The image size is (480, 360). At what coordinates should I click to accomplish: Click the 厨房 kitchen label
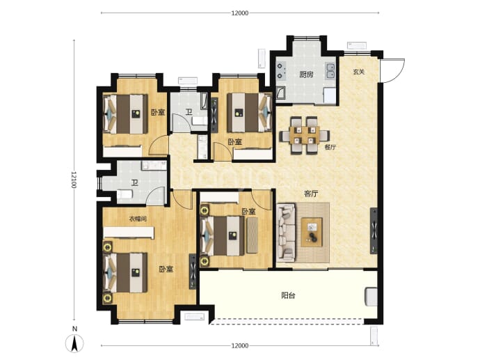[x=306, y=75]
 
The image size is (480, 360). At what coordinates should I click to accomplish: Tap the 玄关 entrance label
[x=358, y=72]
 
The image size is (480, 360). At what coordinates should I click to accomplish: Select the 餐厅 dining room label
[x=330, y=147]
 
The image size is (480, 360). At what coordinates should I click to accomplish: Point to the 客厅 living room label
[x=311, y=194]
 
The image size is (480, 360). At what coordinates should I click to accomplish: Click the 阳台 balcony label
[x=288, y=295]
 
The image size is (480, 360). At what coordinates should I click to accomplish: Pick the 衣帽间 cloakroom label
[x=138, y=219]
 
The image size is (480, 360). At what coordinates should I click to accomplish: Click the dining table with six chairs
[x=305, y=135]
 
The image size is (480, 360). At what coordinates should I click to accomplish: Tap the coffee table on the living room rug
[x=312, y=232]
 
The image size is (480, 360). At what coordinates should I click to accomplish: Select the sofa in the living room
[x=286, y=233]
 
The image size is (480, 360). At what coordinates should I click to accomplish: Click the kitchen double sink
[x=330, y=71]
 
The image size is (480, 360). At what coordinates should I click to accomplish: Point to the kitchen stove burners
[x=281, y=71]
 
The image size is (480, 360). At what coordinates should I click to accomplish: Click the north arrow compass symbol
[x=74, y=343]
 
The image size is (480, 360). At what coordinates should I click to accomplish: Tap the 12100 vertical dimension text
[x=74, y=180]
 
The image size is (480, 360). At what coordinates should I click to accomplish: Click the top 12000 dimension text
[x=240, y=13]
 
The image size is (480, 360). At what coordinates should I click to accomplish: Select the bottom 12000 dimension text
[x=240, y=346]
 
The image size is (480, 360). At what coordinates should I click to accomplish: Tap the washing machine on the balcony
[x=371, y=296]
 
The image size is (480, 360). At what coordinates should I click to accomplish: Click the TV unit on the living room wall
[x=374, y=230]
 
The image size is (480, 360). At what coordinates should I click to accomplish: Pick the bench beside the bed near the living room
[x=253, y=235]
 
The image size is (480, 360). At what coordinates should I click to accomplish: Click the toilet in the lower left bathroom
[x=125, y=194]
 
